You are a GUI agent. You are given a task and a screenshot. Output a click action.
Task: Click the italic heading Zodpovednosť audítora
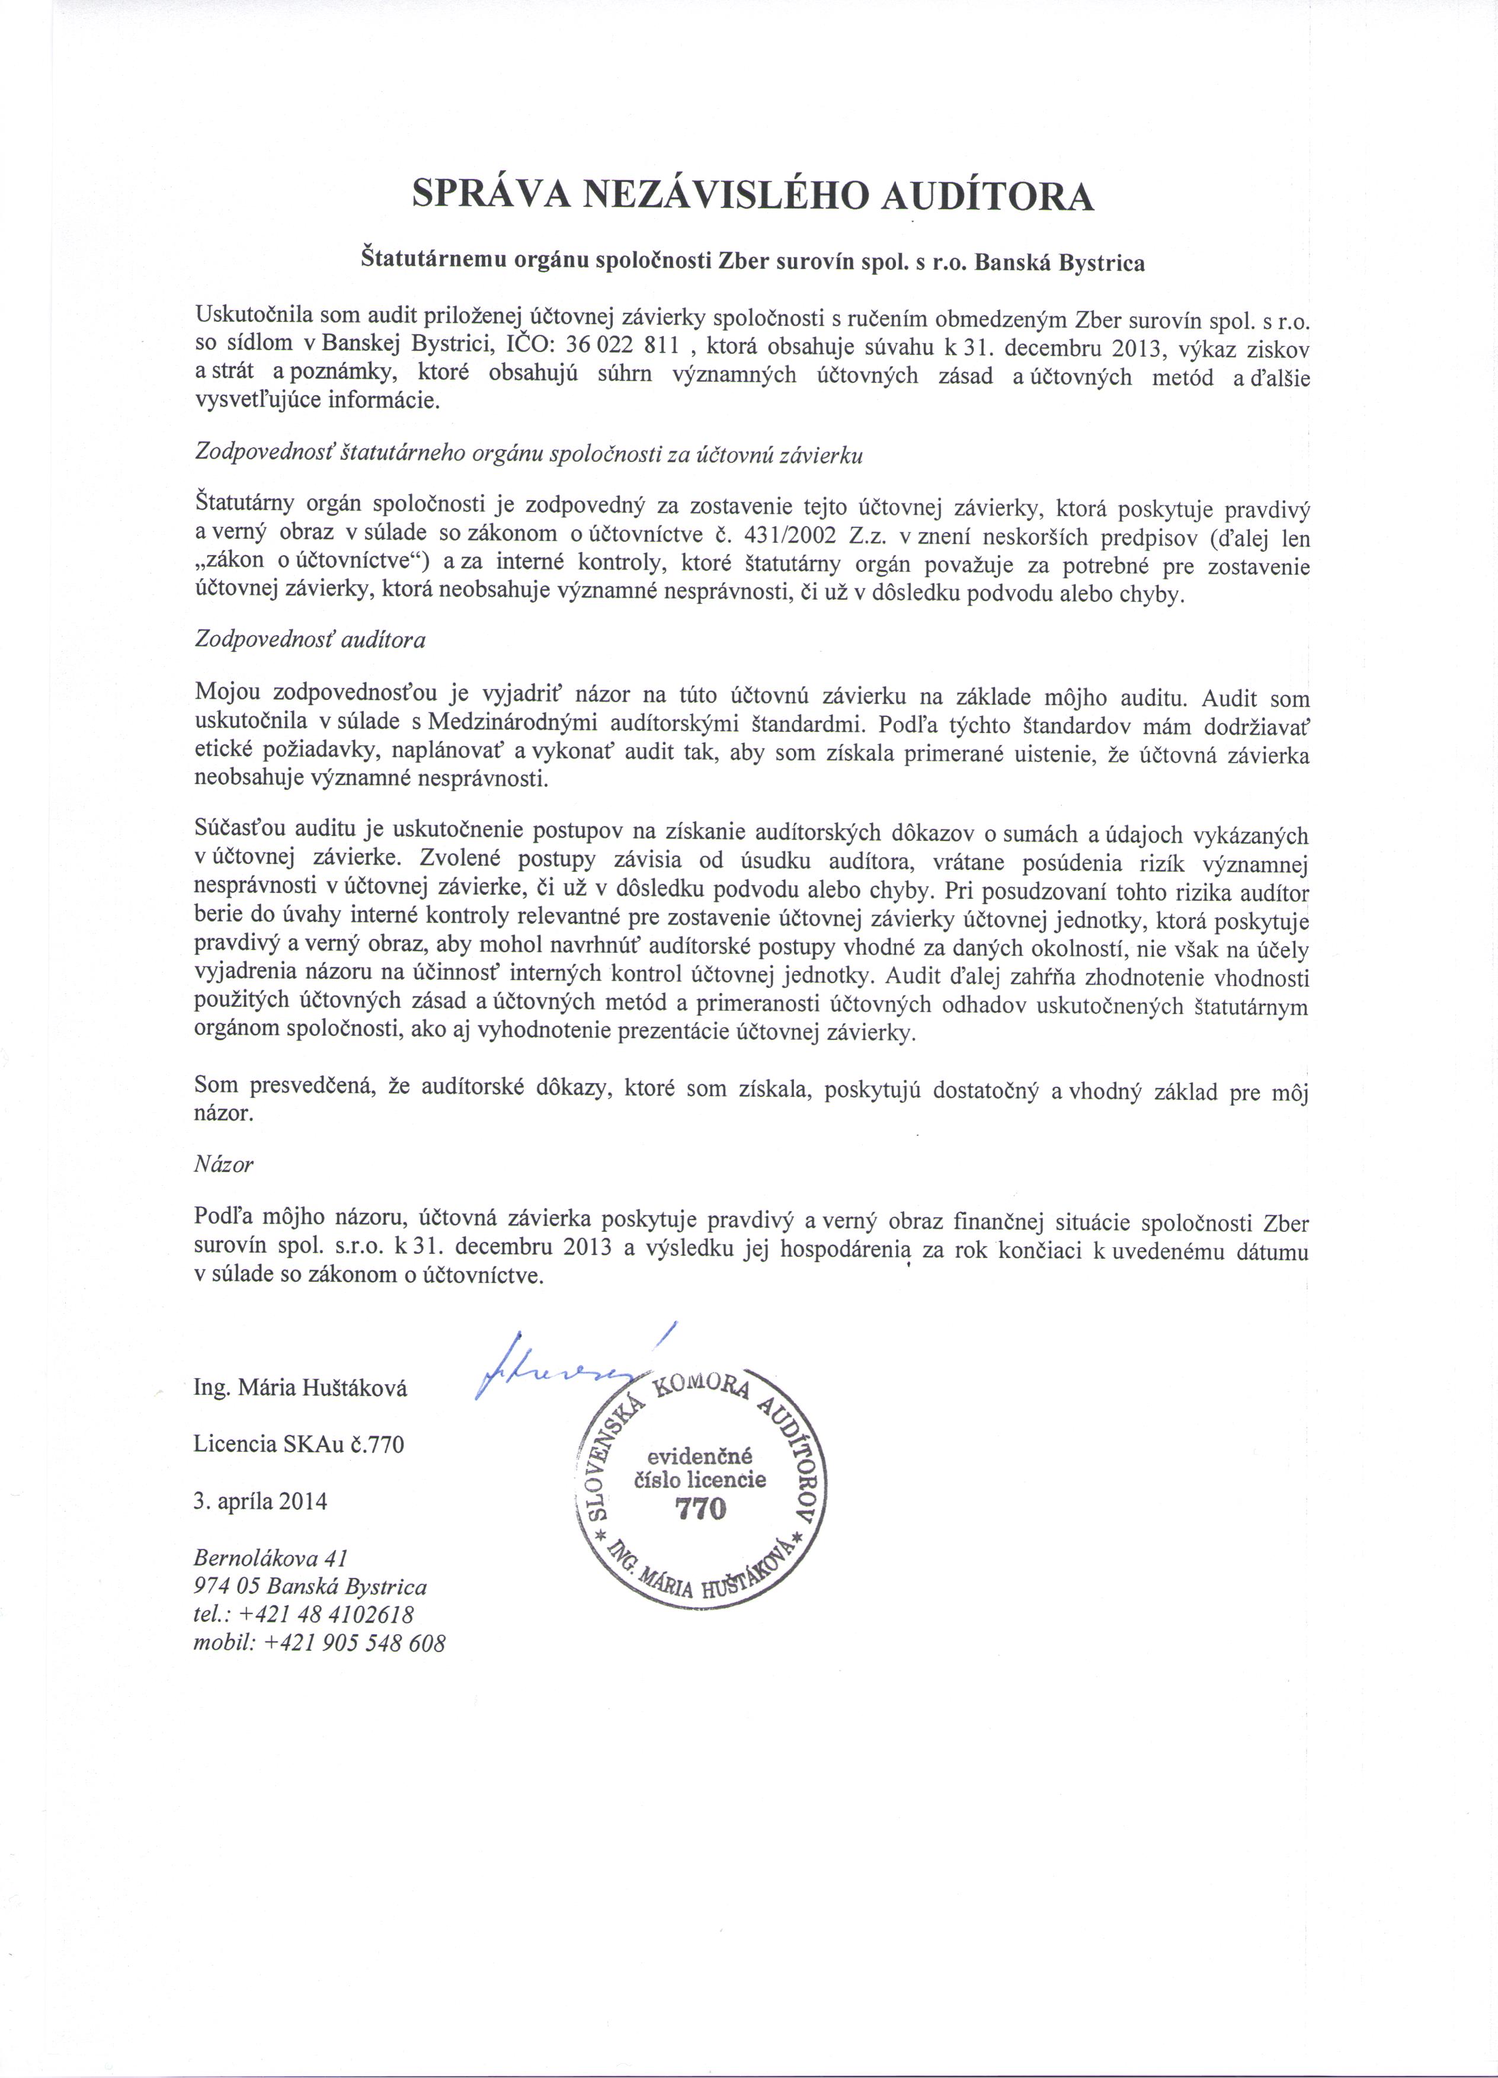pyautogui.click(x=310, y=639)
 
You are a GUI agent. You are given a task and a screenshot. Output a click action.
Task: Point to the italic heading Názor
pyautogui.click(x=223, y=1164)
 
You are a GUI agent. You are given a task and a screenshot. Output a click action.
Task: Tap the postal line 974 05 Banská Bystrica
pyautogui.click(x=311, y=1587)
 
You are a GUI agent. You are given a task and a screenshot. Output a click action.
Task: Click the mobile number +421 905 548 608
pyautogui.click(x=354, y=1643)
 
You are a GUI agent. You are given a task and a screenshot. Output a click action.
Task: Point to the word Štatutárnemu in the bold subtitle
pyautogui.click(x=420, y=261)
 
